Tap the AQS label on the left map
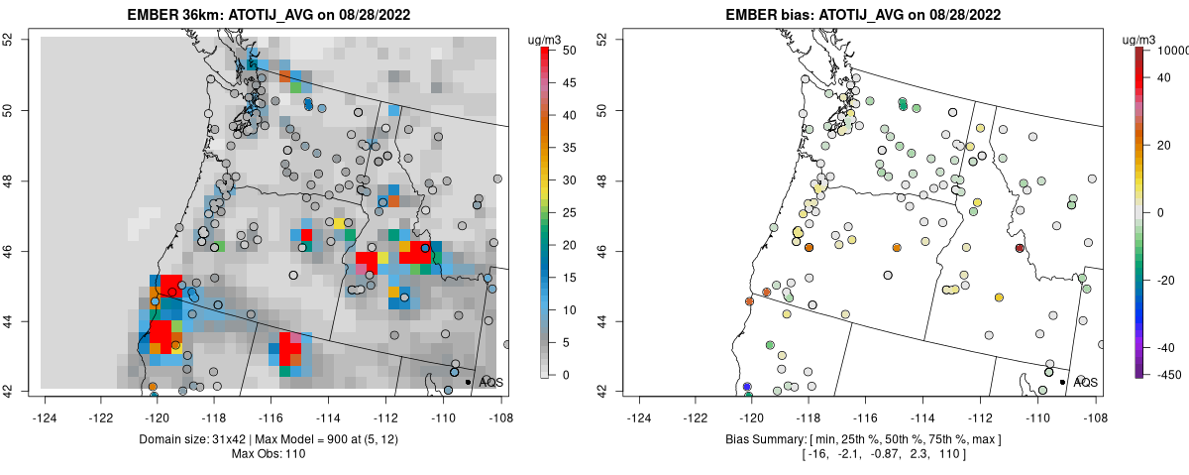491,382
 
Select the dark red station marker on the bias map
1020,248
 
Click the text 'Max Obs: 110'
270,454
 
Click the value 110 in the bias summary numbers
947,454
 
